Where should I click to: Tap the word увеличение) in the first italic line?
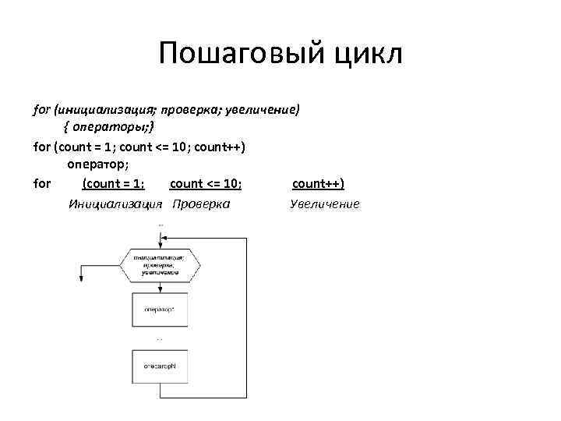(262, 109)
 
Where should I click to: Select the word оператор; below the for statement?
(97, 165)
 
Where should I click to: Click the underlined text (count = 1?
(113, 184)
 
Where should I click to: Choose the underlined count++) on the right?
(318, 184)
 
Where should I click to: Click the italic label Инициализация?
(115, 203)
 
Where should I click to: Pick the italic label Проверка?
(201, 203)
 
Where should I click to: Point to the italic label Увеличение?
(325, 203)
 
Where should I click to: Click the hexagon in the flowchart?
(159, 265)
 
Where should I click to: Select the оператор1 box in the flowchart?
(159, 310)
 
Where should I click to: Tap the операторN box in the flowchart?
(159, 366)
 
